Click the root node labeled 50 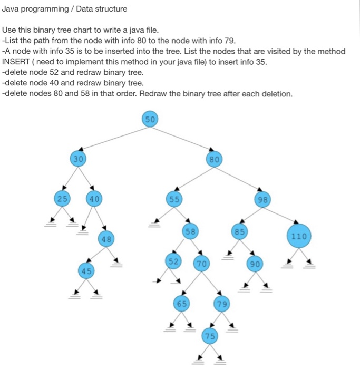tap(150, 119)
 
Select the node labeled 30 tap(78, 158)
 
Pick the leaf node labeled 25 tap(63, 199)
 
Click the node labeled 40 tap(94, 199)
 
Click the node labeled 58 tap(190, 231)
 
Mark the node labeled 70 tap(201, 263)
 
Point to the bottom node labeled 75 tap(210, 335)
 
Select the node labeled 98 tap(262, 199)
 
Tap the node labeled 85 tap(240, 231)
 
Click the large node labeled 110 tap(299, 236)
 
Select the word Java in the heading tap(11, 9)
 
